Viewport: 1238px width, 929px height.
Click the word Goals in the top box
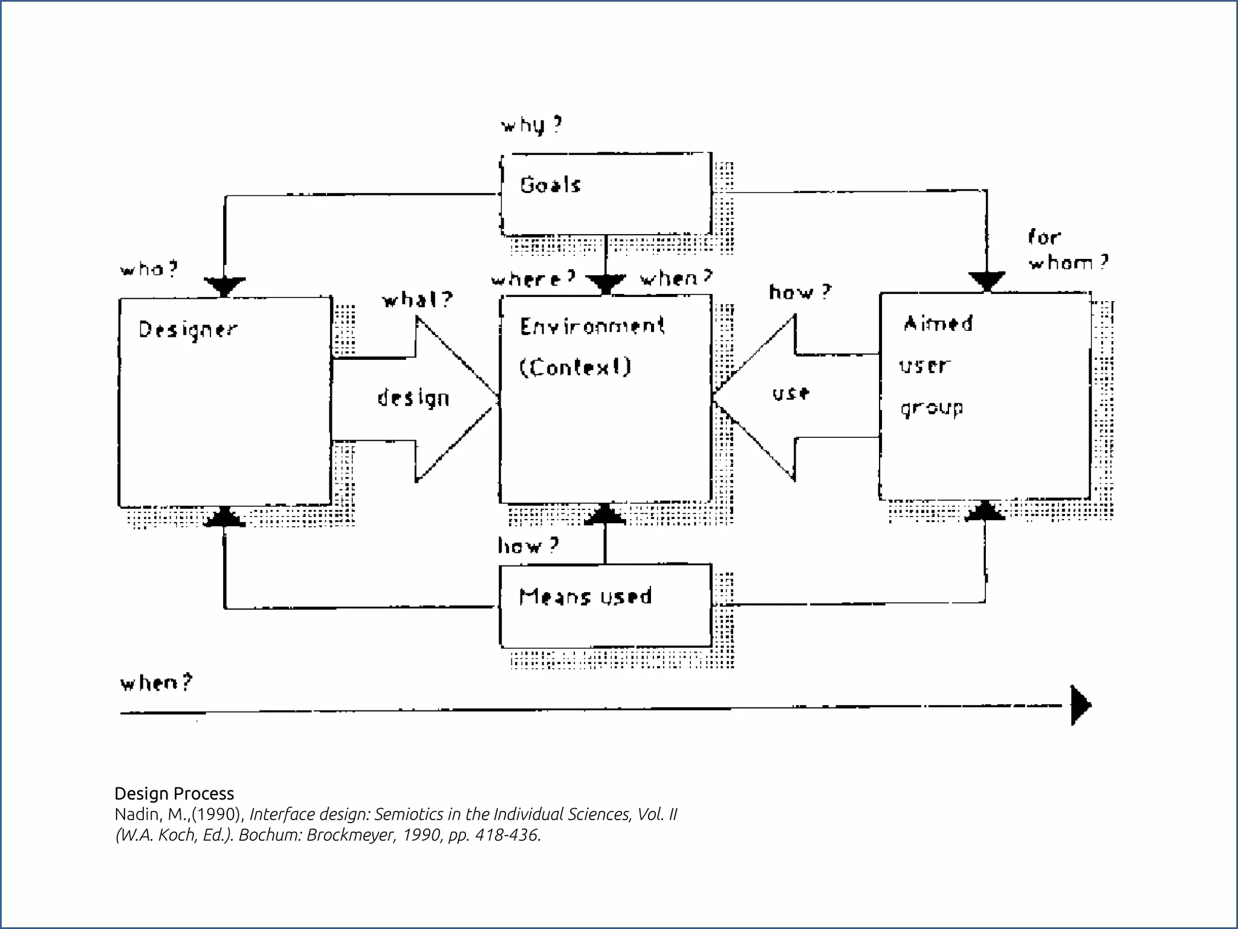click(550, 185)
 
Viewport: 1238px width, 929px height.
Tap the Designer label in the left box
click(188, 330)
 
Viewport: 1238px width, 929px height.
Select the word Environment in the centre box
click(592, 327)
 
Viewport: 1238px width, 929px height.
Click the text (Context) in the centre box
click(575, 367)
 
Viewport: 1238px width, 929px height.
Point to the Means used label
click(585, 597)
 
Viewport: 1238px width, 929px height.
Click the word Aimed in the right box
click(938, 324)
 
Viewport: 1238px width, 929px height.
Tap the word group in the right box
click(932, 409)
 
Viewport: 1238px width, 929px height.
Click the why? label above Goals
click(531, 125)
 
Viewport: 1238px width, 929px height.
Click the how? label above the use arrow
click(800, 293)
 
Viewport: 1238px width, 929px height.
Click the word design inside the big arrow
click(413, 399)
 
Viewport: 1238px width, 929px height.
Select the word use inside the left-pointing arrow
click(791, 394)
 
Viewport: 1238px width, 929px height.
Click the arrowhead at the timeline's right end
click(1080, 705)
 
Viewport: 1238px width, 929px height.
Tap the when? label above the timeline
click(157, 683)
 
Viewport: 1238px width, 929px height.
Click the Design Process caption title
click(174, 794)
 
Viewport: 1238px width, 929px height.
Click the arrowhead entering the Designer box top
click(225, 285)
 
